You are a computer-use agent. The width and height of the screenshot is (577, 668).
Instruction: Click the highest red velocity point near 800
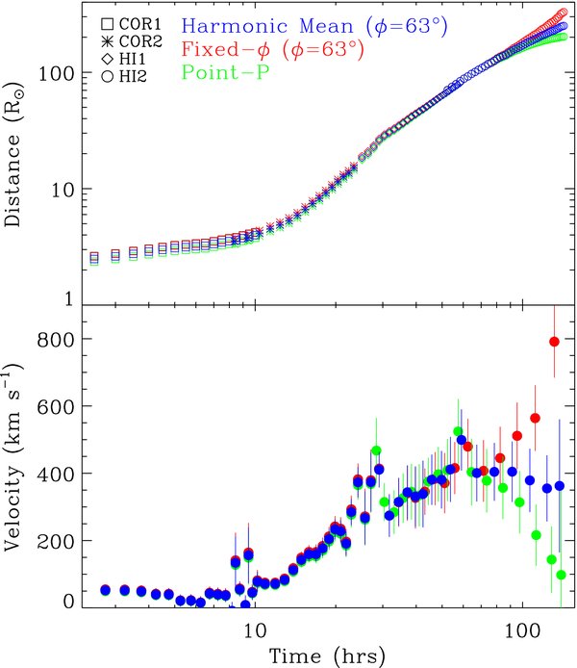pyautogui.click(x=554, y=342)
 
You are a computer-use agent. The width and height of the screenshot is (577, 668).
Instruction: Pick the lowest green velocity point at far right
pyautogui.click(x=561, y=575)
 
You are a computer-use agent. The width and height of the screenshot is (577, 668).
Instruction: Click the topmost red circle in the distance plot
pyautogui.click(x=564, y=13)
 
